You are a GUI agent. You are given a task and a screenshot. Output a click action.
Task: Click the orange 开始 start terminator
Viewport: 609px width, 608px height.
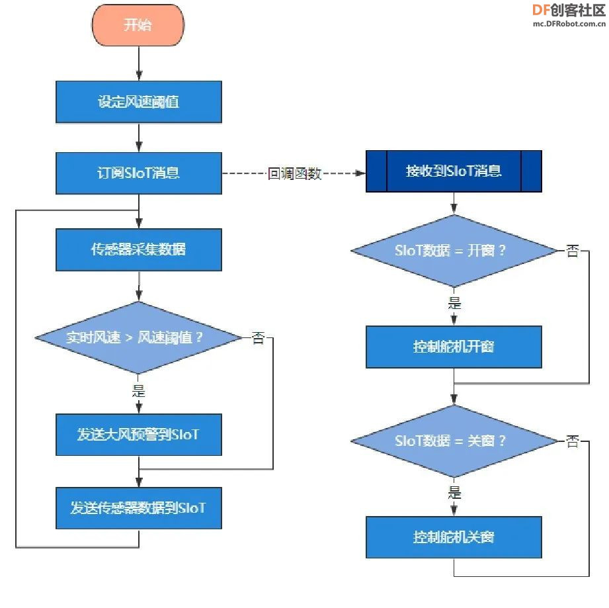[x=138, y=25]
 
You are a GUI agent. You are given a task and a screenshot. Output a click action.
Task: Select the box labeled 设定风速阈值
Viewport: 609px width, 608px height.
[x=139, y=102]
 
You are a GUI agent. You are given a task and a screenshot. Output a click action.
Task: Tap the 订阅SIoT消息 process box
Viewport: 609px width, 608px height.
[x=139, y=173]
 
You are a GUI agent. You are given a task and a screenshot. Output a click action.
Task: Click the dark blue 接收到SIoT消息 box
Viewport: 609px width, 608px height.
[x=454, y=171]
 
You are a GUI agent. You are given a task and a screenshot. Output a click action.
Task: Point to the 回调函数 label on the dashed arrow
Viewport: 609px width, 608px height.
[x=295, y=173]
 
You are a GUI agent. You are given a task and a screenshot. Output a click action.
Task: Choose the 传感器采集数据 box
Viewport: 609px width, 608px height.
[x=139, y=249]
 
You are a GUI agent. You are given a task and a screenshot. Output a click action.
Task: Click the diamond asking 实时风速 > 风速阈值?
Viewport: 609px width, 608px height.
[x=138, y=337]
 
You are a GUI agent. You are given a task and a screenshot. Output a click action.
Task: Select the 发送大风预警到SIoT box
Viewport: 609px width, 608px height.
[x=139, y=435]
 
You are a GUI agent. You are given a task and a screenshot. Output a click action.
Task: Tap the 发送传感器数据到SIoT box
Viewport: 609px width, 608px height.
[x=139, y=507]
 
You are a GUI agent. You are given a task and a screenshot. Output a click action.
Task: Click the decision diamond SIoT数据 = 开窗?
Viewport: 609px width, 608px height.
[x=454, y=251]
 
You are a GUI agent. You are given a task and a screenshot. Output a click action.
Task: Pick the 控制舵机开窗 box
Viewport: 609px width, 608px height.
[x=454, y=347]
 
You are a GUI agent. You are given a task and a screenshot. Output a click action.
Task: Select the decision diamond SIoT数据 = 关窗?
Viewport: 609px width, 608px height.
[x=454, y=441]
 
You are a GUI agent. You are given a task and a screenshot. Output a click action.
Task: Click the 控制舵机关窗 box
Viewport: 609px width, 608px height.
[x=454, y=537]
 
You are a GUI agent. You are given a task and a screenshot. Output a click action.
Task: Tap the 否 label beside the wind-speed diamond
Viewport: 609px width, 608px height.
[x=259, y=337]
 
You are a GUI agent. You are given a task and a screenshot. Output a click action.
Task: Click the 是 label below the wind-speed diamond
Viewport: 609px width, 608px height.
[x=139, y=390]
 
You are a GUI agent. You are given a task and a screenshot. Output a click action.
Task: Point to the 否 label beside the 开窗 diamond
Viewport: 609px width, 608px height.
[x=573, y=251]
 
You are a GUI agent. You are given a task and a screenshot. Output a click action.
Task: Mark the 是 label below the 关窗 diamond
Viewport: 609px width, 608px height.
[x=454, y=492]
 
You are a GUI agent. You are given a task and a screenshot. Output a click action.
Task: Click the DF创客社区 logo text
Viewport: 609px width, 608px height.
[x=569, y=10]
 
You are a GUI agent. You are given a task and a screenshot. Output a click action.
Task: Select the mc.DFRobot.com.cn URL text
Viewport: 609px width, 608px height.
[x=569, y=24]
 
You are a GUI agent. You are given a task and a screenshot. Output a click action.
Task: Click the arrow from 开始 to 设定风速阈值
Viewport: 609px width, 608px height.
[x=139, y=64]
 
